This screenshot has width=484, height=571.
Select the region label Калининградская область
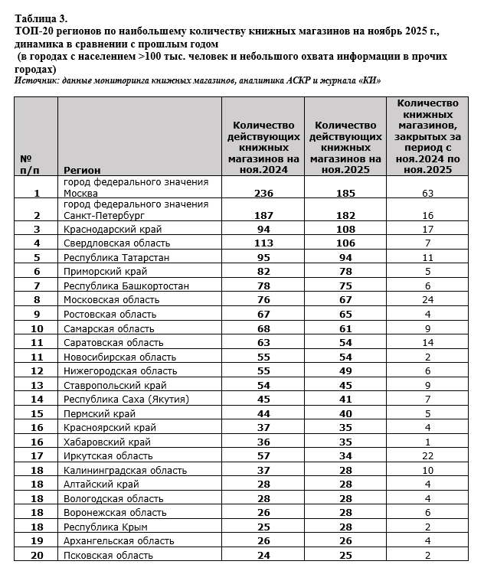coord(126,470)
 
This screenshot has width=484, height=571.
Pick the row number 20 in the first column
coord(36,555)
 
